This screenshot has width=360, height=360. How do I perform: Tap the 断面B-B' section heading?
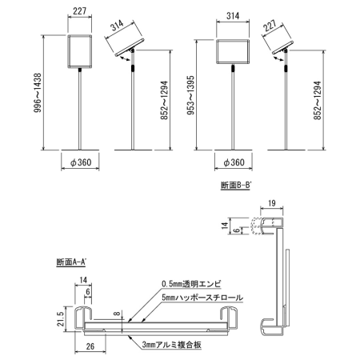[235, 186]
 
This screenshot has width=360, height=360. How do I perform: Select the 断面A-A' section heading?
[72, 262]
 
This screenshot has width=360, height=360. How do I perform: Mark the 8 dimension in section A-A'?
[116, 314]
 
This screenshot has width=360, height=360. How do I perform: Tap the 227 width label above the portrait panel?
[78, 11]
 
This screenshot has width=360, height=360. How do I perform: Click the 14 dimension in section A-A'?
[83, 279]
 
